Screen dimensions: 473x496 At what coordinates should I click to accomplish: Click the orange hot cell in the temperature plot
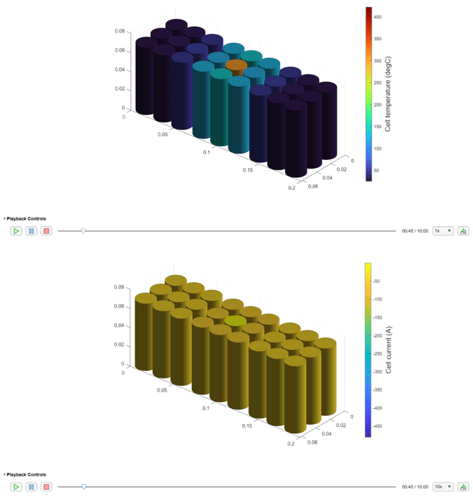tap(236, 65)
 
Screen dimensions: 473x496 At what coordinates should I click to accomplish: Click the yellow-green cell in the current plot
tap(235, 321)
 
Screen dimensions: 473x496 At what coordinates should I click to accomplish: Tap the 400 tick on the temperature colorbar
tap(377, 17)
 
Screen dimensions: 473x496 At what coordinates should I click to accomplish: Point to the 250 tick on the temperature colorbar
tap(377, 83)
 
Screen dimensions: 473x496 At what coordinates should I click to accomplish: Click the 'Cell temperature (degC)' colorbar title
tap(388, 94)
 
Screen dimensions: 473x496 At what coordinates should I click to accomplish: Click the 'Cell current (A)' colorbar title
tap(388, 350)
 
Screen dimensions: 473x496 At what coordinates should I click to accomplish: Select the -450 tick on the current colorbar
tap(377, 426)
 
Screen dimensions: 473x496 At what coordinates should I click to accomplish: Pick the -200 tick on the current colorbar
tap(377, 336)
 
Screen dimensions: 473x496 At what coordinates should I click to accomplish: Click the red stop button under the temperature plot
tap(46, 231)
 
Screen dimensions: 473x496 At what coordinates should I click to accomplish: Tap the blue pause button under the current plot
tap(31, 487)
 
